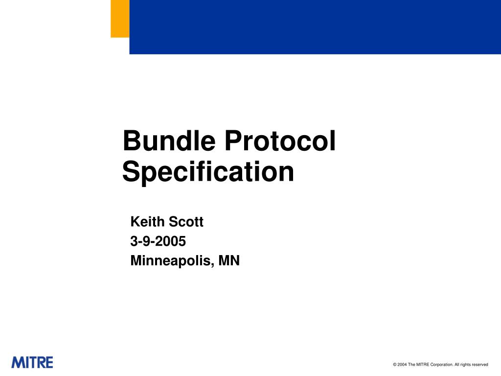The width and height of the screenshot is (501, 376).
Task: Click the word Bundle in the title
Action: click(x=169, y=141)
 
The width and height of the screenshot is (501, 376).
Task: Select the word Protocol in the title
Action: click(x=280, y=141)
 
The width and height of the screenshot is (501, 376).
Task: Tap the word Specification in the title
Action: click(x=208, y=172)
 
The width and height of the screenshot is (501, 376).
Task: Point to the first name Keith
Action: click(x=148, y=222)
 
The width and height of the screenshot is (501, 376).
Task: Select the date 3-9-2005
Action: click(x=158, y=241)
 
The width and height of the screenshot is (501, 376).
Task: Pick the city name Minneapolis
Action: click(x=172, y=261)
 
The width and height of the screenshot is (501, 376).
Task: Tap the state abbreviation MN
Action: click(x=229, y=261)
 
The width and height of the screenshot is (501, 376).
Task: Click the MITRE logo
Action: click(x=32, y=363)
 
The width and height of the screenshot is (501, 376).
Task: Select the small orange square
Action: click(x=120, y=19)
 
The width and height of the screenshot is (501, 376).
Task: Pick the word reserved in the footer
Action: click(x=479, y=365)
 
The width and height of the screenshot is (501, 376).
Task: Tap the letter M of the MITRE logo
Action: click(x=17, y=363)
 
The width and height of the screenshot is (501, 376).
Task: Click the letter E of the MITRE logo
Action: click(x=48, y=363)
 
